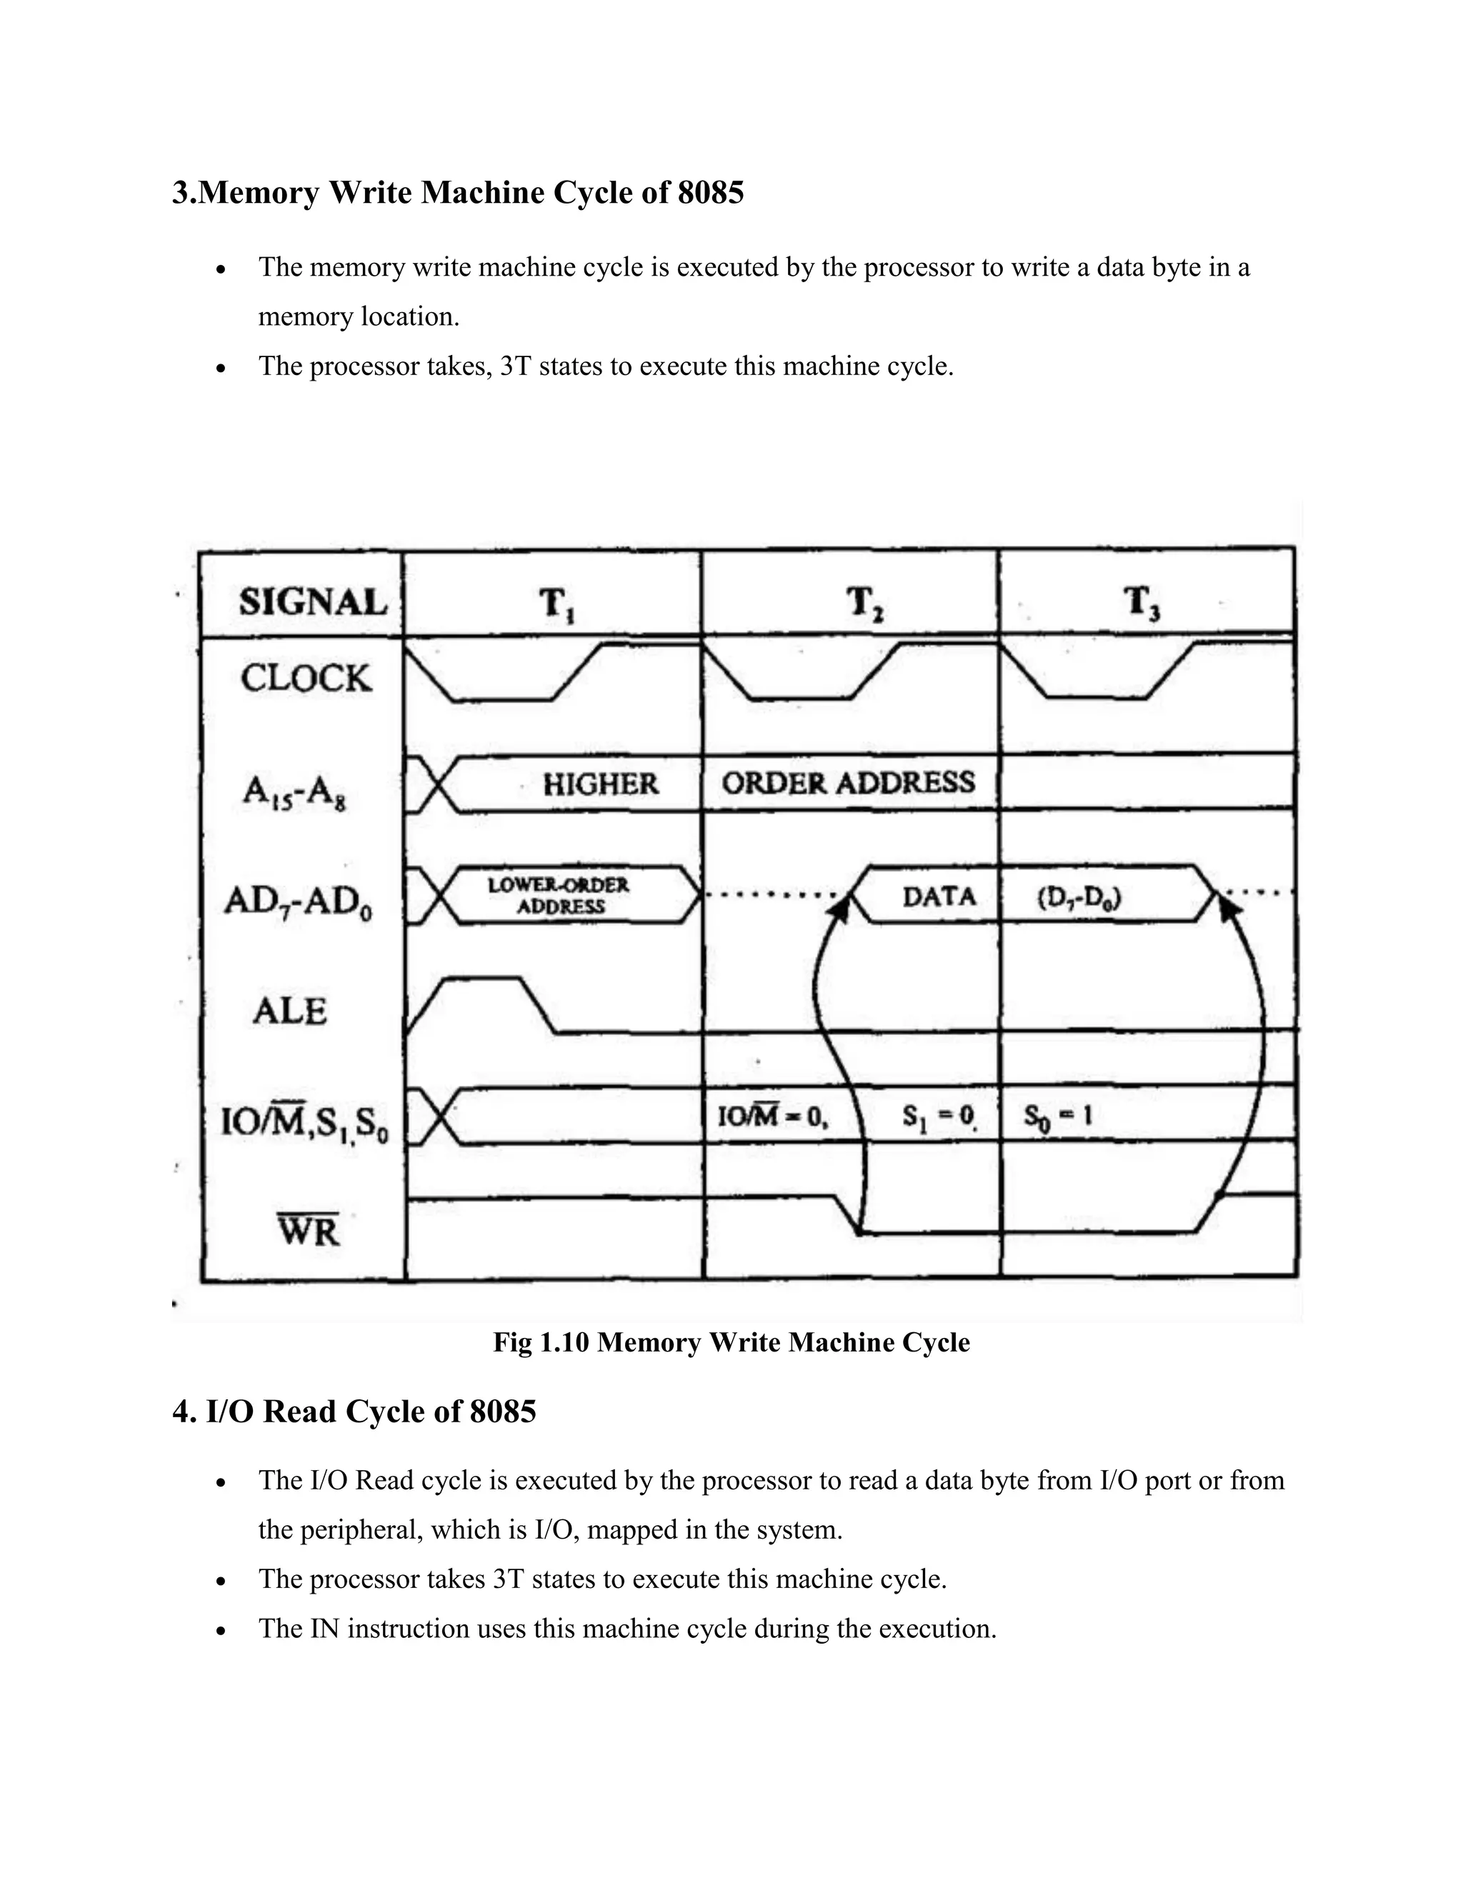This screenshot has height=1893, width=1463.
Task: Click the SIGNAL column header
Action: [313, 601]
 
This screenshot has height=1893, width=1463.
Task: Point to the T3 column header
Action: [1142, 602]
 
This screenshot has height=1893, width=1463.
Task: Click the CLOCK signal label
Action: [306, 678]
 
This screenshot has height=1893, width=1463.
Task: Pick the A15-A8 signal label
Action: [295, 792]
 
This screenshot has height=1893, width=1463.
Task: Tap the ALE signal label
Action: [289, 1011]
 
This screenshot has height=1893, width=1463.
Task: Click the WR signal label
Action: [309, 1230]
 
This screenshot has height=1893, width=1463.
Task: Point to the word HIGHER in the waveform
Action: [601, 784]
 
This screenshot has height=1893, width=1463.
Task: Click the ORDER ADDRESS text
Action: [849, 784]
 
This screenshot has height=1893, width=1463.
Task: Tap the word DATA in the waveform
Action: [939, 895]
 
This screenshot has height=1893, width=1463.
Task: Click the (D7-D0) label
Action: [1079, 898]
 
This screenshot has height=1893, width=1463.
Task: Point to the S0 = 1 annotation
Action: [1057, 1116]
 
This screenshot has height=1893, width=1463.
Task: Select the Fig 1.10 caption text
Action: [731, 1342]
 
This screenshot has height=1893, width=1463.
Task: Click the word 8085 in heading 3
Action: [711, 192]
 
